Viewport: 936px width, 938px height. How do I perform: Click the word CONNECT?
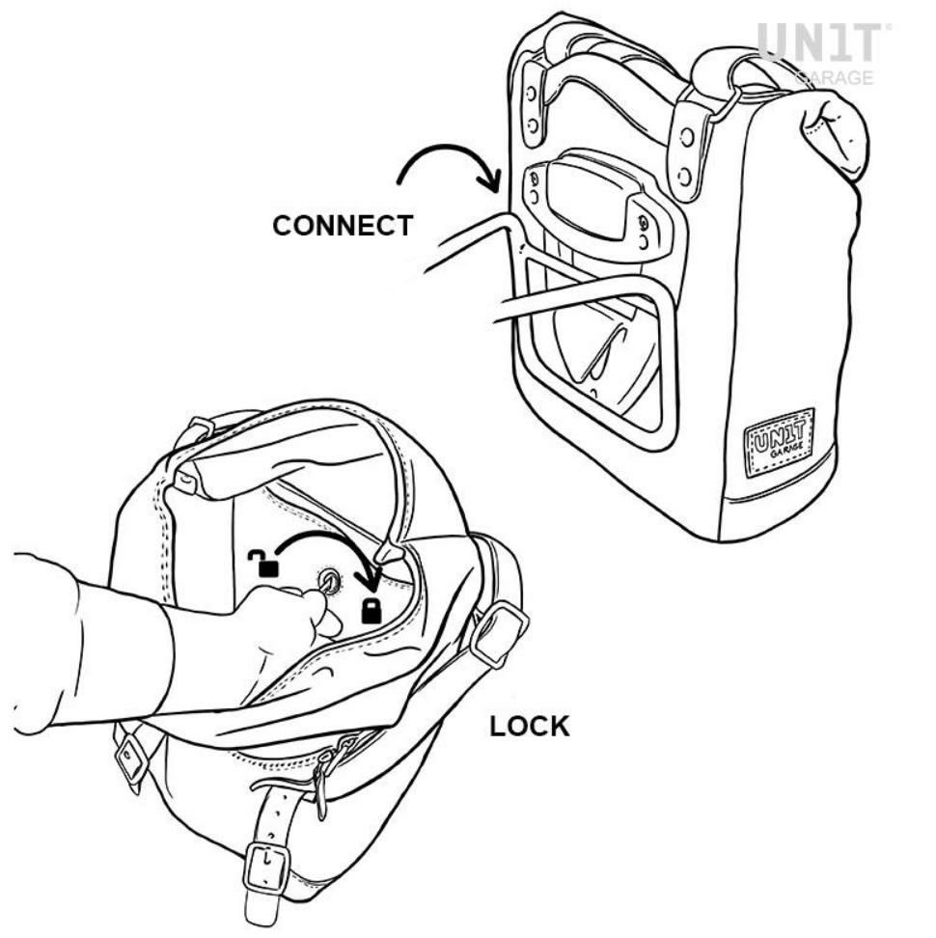coord(343,226)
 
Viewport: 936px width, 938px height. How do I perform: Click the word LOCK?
coord(530,727)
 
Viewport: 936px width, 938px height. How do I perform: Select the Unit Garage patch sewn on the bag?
coord(780,441)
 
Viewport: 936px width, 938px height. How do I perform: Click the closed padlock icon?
coord(372,610)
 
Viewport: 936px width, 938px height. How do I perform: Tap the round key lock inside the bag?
coord(329,579)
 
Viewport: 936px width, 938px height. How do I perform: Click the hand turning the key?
coord(281,628)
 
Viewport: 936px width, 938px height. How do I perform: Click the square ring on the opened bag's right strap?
coord(499,634)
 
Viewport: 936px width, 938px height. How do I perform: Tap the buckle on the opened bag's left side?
coord(133,757)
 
